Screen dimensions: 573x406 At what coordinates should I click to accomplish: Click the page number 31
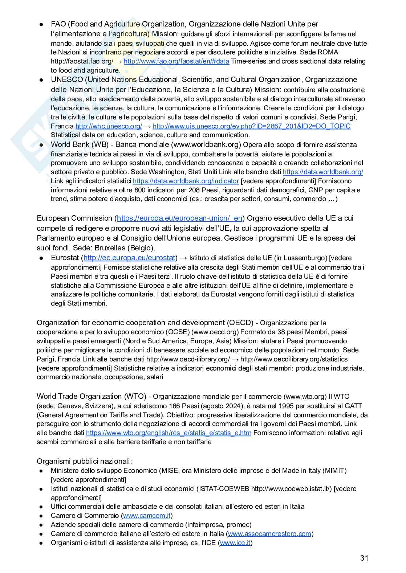(x=364, y=558)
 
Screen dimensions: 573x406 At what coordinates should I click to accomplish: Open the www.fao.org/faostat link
(x=176, y=61)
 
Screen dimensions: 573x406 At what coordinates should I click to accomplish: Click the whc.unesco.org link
(x=109, y=126)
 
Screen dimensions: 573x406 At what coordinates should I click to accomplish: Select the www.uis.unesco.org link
(x=251, y=126)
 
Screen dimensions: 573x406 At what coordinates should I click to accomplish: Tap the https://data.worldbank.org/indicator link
(x=186, y=181)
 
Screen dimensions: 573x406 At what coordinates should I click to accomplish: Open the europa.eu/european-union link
(x=179, y=218)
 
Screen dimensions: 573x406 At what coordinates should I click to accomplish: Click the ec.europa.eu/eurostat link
(x=129, y=258)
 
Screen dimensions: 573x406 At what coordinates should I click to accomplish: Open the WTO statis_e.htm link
(x=169, y=433)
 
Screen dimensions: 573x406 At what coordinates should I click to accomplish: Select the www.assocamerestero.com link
(x=269, y=534)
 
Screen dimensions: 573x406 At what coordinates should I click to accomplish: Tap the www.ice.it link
(x=235, y=543)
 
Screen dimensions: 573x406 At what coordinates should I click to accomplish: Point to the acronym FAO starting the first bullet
(x=58, y=24)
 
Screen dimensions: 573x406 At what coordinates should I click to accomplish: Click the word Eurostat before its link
(x=65, y=258)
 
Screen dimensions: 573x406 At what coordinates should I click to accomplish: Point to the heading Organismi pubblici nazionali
(x=84, y=461)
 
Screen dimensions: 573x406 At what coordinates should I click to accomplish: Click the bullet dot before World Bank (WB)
(x=42, y=145)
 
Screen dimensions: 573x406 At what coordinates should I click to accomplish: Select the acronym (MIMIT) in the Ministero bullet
(x=334, y=471)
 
